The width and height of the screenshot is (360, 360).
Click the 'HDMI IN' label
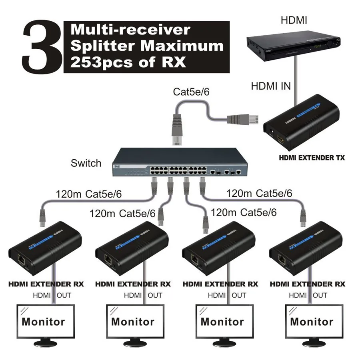click(271, 86)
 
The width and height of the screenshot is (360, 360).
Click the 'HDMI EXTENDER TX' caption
click(312, 158)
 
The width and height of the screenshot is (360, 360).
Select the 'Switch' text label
click(86, 163)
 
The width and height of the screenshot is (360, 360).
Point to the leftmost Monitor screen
click(43, 322)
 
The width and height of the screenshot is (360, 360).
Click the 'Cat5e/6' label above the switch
click(191, 92)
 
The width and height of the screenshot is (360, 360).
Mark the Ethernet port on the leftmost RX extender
click(20, 259)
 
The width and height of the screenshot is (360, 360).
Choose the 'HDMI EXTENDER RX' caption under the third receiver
click(220, 284)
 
